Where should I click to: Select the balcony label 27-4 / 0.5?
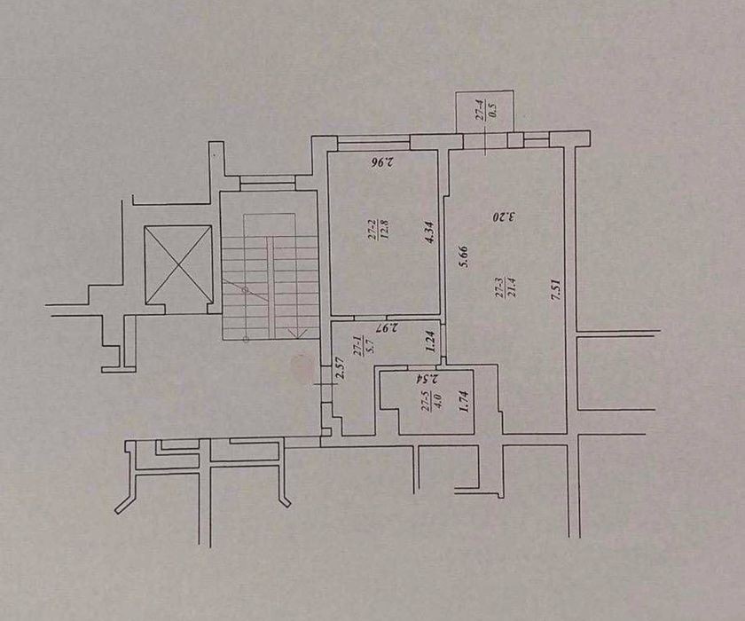pos(486,109)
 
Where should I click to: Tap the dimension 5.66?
pos(464,256)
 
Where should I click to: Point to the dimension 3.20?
pos(504,217)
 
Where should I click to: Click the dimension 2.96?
pos(383,162)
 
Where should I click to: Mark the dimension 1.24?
pos(430,342)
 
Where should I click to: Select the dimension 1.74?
pos(465,401)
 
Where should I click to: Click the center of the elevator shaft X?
pos(178,264)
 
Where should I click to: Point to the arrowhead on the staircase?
pos(296,333)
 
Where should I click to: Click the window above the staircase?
pos(268,183)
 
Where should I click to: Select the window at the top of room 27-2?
pos(373,143)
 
